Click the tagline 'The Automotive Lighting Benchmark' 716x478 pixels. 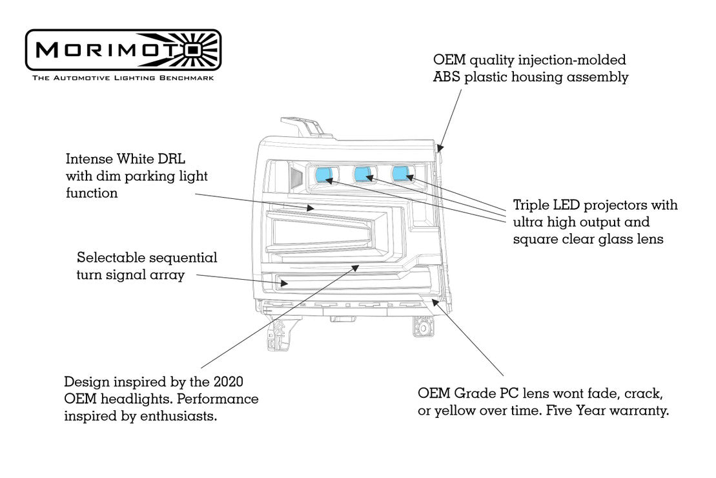[123, 78]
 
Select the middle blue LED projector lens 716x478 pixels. [363, 173]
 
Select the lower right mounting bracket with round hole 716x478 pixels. [424, 327]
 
